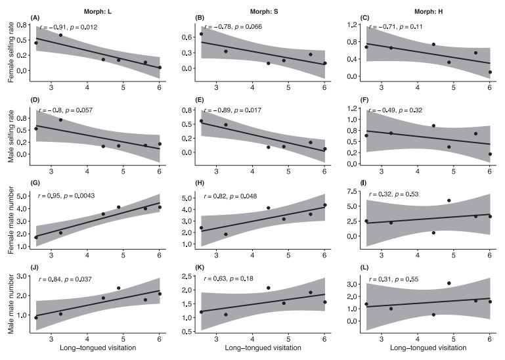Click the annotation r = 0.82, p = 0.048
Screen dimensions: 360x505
pyautogui.click(x=236, y=194)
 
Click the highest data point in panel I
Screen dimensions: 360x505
pyautogui.click(x=449, y=200)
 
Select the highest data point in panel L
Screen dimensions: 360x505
pyautogui.click(x=449, y=283)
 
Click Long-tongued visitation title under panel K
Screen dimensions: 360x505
pyautogui.click(x=263, y=346)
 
